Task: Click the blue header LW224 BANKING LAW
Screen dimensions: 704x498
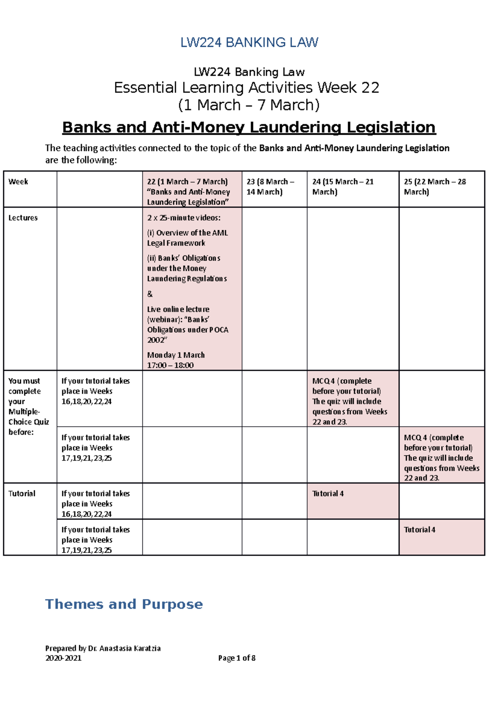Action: (249, 42)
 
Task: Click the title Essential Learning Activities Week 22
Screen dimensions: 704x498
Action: (247, 87)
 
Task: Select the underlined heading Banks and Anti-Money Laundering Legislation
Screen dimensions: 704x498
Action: (249, 127)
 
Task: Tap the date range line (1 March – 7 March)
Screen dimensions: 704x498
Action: (249, 105)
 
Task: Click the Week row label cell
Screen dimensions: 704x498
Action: (18, 182)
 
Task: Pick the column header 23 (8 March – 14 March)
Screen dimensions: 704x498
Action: (270, 187)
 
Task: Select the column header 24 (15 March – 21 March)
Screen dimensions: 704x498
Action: (343, 187)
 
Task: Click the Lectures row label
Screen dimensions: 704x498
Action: (23, 218)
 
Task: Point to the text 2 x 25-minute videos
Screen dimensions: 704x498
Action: (184, 218)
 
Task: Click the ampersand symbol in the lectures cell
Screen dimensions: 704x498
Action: (150, 294)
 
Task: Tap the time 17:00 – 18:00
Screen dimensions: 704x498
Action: (170, 365)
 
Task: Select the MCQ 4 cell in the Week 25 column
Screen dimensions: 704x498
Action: (442, 457)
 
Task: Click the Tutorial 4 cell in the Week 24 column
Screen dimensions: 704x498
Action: (328, 493)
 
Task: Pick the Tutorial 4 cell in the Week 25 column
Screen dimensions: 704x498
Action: (420, 529)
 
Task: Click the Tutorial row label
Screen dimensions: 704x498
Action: (22, 493)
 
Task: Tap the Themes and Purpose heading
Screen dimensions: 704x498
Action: (124, 604)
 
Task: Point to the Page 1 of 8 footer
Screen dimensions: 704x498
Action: (237, 658)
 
